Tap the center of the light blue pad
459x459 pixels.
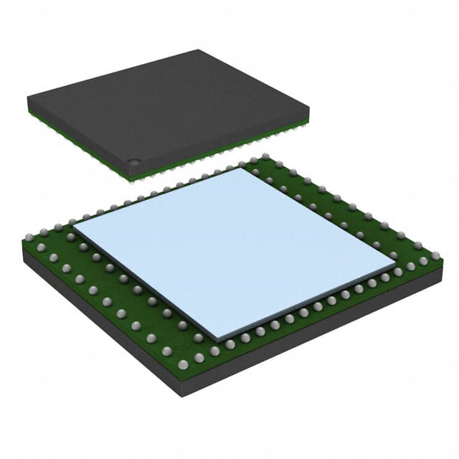point(234,251)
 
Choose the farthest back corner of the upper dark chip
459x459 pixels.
point(197,50)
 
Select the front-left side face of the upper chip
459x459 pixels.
point(79,140)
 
